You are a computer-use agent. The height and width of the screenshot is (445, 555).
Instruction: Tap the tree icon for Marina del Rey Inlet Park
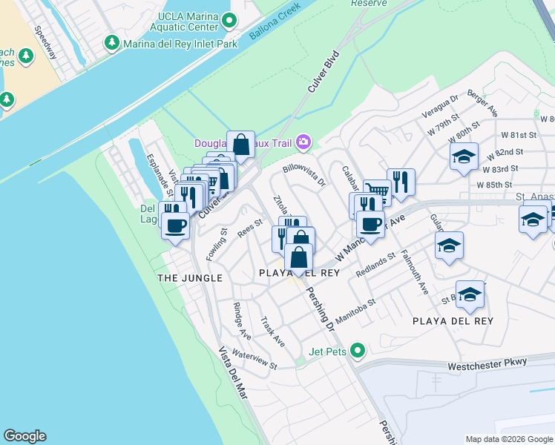(x=111, y=44)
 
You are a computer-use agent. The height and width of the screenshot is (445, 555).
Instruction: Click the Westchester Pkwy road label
(x=487, y=364)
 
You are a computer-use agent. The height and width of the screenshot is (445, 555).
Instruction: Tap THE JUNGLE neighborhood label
(x=189, y=277)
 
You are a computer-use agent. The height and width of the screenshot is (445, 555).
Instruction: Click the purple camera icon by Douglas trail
(x=303, y=142)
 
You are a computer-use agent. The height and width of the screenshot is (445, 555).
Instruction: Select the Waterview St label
(x=254, y=360)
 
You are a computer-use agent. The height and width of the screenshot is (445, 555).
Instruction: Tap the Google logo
(x=24, y=436)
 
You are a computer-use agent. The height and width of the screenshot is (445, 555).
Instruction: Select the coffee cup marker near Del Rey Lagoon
(x=175, y=226)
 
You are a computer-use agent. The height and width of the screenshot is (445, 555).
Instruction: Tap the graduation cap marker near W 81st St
(x=464, y=157)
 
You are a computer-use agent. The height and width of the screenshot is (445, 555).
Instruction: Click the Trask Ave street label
(x=272, y=332)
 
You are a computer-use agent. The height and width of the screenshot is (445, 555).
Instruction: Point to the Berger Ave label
(x=482, y=105)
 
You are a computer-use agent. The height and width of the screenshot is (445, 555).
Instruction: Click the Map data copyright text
(x=508, y=439)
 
